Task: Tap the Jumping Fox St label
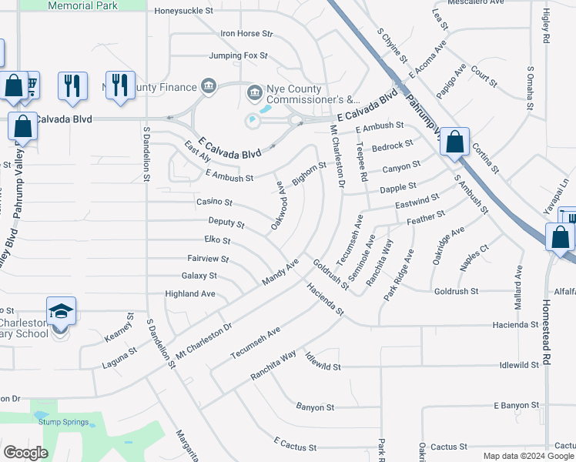point(238,56)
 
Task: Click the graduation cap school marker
point(61,312)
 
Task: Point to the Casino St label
point(214,202)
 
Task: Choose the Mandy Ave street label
point(280,273)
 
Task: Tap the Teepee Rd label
point(362,167)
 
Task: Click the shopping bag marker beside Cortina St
point(455,142)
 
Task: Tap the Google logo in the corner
point(25,452)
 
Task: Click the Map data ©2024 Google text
point(527,456)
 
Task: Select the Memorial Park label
point(83,5)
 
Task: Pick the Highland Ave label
point(190,294)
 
